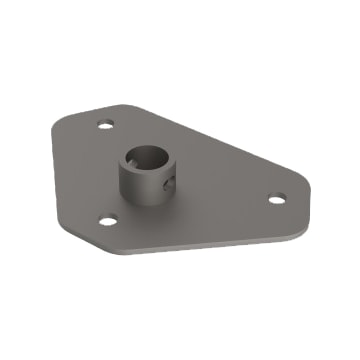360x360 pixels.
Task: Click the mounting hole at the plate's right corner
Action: (276, 198)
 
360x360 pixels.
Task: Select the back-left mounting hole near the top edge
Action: (105, 126)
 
